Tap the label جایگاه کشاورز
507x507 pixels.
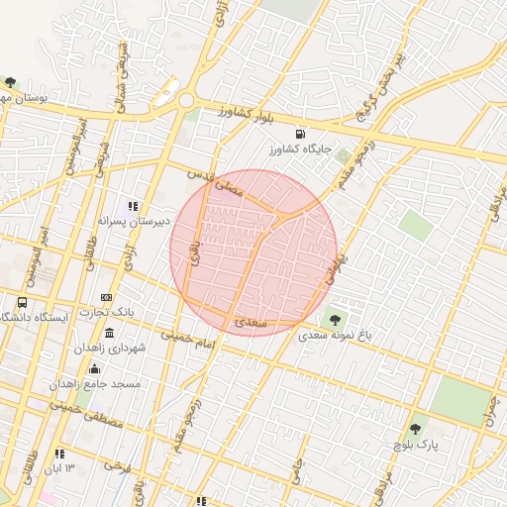297,150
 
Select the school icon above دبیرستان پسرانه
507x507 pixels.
133,206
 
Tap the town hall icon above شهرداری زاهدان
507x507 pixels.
108,333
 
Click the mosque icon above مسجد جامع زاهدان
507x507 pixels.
95,369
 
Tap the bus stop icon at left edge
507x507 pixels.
23,302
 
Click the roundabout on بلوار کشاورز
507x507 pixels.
186,100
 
